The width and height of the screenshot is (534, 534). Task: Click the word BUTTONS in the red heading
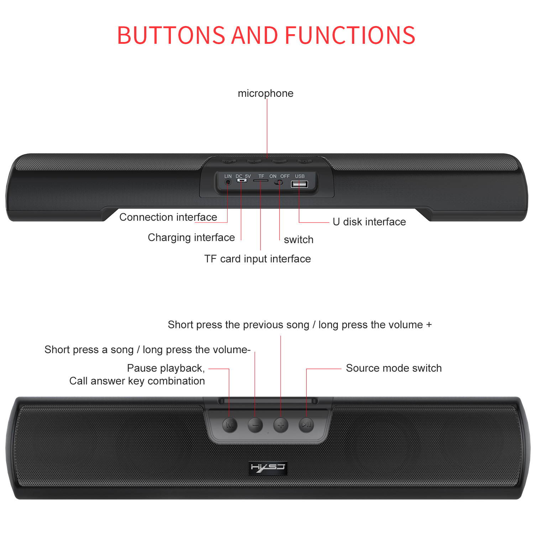[171, 35]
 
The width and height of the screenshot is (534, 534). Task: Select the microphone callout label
[266, 93]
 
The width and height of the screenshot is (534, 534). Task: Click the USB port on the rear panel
[299, 184]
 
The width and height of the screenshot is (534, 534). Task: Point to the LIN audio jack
[228, 182]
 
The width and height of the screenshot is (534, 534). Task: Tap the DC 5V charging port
[242, 180]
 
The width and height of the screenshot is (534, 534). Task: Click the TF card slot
[261, 180]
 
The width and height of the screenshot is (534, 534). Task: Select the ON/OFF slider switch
[279, 182]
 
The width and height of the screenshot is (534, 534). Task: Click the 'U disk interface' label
[369, 222]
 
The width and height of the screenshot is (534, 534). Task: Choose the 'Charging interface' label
[191, 237]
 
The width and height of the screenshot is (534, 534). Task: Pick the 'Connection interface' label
[168, 217]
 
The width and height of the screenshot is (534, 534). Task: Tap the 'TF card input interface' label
[257, 259]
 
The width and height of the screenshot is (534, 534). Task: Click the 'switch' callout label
[299, 240]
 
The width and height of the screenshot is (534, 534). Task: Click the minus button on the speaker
[255, 425]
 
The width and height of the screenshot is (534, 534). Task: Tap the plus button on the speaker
[281, 425]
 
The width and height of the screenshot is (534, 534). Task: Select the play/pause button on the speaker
[306, 424]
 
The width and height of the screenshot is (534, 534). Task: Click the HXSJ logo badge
[268, 468]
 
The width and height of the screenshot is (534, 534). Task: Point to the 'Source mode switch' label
[394, 368]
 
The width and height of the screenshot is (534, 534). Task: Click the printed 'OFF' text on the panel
[285, 176]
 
